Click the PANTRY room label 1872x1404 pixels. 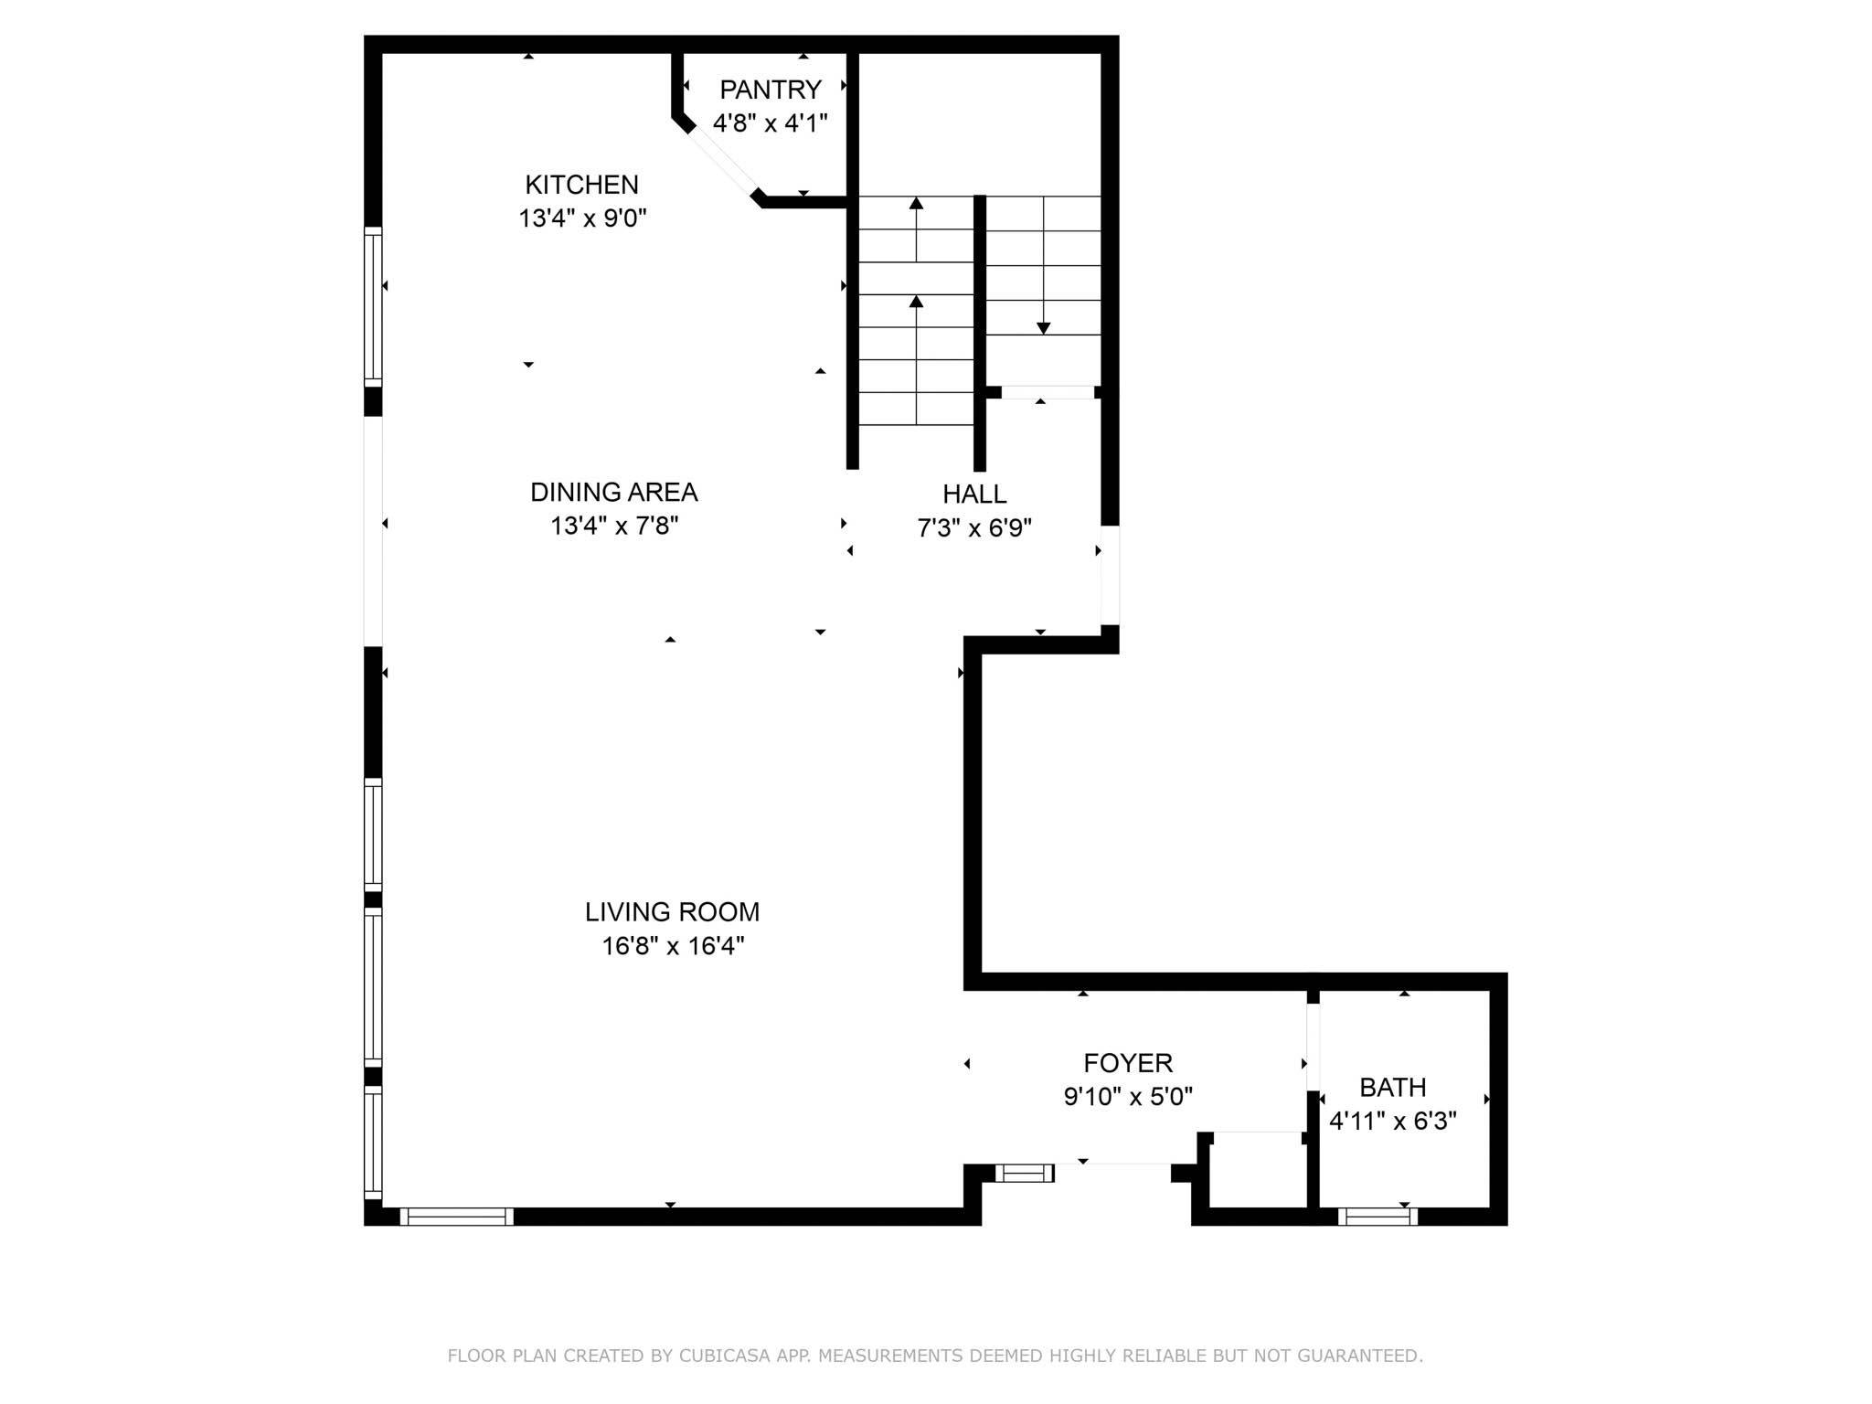tap(771, 90)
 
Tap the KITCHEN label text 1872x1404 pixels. tap(581, 185)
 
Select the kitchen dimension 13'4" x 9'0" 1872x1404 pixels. tap(582, 218)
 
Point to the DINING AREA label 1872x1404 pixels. tap(613, 492)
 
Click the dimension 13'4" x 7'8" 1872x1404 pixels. tap(614, 526)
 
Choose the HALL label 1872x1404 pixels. tap(974, 494)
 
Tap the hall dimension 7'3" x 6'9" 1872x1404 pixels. tap(974, 527)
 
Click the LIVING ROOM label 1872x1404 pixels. tap(672, 911)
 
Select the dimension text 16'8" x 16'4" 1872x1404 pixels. tap(673, 945)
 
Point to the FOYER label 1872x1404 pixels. tap(1128, 1062)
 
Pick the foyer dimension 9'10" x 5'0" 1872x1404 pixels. tap(1128, 1096)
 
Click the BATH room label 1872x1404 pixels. tap(1393, 1087)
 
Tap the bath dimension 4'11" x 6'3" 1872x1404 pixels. tap(1393, 1121)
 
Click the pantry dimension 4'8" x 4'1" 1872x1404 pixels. tap(771, 123)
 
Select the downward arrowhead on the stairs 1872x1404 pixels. tap(1043, 328)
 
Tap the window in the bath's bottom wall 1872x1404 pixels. tap(1377, 1217)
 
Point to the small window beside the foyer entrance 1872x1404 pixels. tap(1025, 1173)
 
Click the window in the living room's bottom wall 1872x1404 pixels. tap(456, 1217)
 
